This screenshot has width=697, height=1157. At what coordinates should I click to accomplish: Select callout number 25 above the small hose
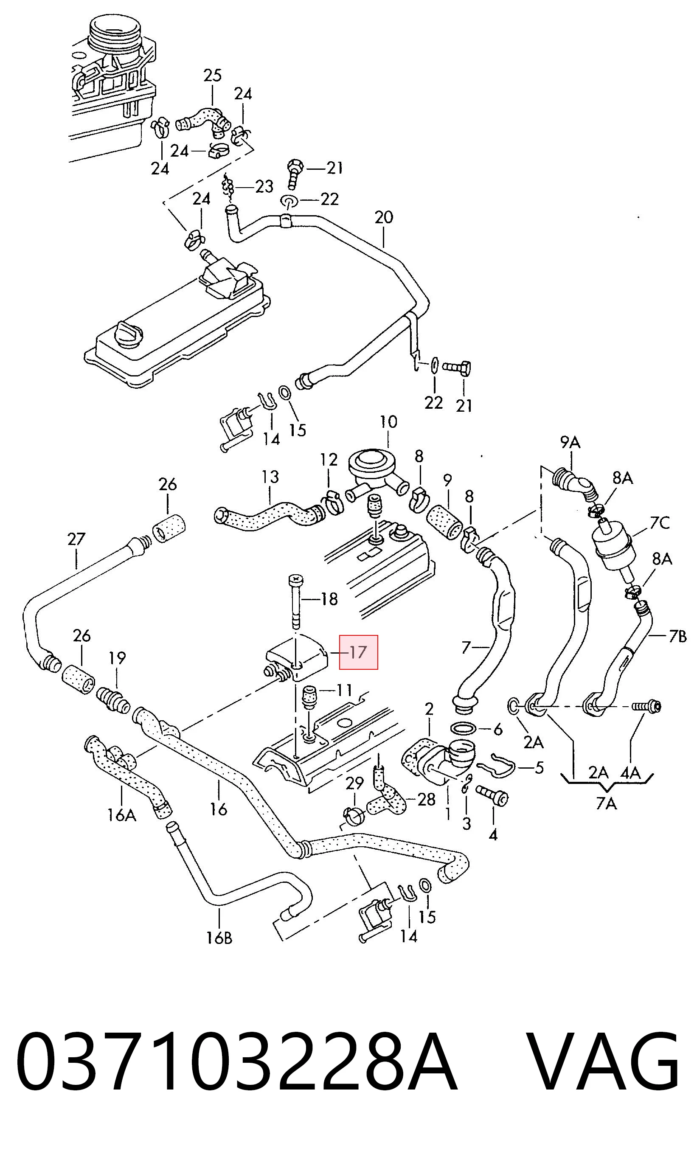coord(212,76)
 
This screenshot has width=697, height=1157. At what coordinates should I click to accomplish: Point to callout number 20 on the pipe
coord(384,217)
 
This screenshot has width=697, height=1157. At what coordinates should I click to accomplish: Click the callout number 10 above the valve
coord(388,421)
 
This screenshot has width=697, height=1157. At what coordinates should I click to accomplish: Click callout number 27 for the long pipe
coord(76,539)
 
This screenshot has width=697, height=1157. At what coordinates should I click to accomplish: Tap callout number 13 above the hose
coord(270,477)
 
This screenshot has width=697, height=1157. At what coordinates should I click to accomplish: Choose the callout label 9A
coord(570,442)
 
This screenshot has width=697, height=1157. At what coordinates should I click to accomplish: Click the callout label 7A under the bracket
coord(606,804)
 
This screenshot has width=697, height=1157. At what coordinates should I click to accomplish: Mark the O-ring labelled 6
coord(463,728)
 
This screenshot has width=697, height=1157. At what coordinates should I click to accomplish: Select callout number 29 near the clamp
coord(354,783)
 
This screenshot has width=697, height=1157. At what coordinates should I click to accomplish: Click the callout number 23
coord(264,187)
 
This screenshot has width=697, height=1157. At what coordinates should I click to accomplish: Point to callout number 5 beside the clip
coord(539,767)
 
